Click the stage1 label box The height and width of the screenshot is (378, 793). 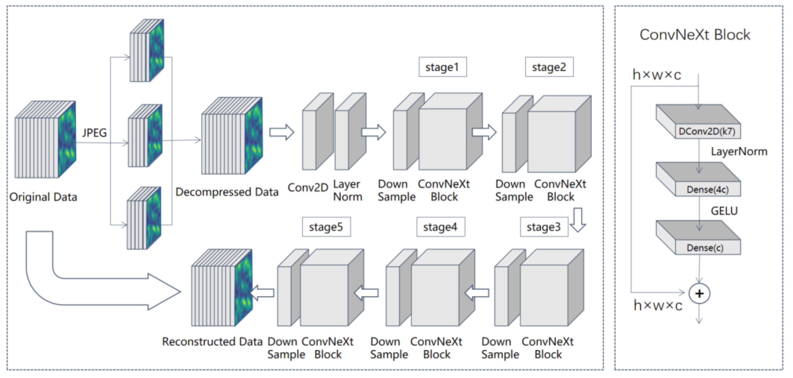tap(442, 67)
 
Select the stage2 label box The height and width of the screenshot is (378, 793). tap(549, 67)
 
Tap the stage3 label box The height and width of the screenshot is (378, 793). tap(544, 227)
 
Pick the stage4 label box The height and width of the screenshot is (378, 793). tap(441, 227)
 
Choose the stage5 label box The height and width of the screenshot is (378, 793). tap(326, 227)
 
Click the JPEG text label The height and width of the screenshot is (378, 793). tap(94, 133)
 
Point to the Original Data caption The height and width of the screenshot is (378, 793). tap(43, 197)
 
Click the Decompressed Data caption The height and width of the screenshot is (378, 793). tap(227, 192)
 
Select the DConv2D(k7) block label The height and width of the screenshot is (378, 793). tap(707, 131)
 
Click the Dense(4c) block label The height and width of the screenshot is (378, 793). tap(708, 189)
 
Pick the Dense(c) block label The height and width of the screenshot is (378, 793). tap(705, 248)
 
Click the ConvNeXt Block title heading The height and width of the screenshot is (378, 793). tap(695, 35)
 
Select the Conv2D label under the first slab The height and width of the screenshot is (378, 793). tap(308, 187)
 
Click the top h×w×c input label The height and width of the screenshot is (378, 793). tap(657, 75)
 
